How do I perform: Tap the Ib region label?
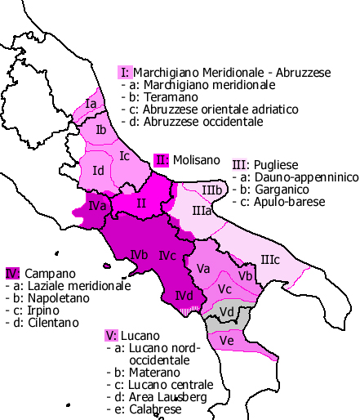[x=101, y=130]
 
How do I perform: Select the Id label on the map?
[x=98, y=170]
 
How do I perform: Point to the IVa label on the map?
[x=100, y=206]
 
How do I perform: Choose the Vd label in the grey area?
[x=228, y=312]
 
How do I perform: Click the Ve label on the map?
[x=228, y=340]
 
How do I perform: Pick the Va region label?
[x=204, y=267]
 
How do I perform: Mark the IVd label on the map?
[x=184, y=295]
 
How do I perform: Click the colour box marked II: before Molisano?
[x=162, y=159]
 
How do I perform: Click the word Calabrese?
[x=147, y=409]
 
